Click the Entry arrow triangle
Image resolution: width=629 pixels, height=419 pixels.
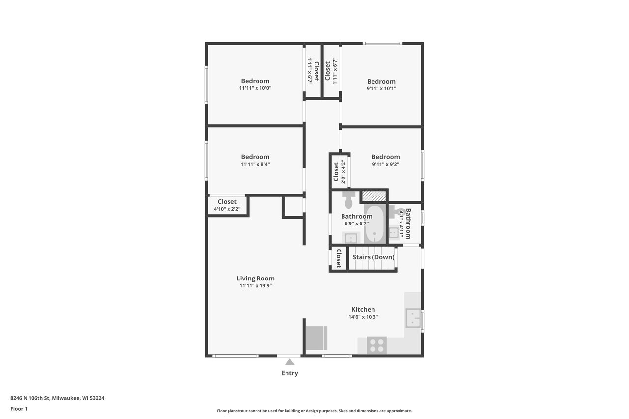click(x=290, y=363)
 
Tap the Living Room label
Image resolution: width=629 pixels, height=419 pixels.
click(x=256, y=279)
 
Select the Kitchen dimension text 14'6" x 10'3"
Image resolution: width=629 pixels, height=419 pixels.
click(x=363, y=317)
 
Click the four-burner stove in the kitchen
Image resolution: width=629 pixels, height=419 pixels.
click(x=377, y=345)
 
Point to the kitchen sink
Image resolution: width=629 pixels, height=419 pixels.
click(x=413, y=318)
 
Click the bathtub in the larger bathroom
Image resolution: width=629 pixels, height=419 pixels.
click(x=375, y=224)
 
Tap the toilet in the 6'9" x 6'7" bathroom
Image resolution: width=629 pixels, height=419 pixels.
click(x=349, y=200)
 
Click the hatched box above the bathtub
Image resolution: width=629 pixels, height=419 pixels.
click(x=373, y=196)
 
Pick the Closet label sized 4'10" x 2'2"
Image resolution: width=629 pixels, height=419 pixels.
click(x=227, y=202)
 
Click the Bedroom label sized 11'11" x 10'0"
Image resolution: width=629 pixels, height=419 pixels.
click(x=255, y=81)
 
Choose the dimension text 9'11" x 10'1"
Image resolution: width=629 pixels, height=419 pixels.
click(x=381, y=89)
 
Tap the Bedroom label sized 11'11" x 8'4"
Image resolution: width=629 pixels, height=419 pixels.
click(x=255, y=157)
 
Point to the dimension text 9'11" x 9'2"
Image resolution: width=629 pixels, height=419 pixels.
click(x=385, y=165)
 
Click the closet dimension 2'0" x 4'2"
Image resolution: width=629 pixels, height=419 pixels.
click(x=343, y=172)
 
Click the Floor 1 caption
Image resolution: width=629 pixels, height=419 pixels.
click(x=19, y=408)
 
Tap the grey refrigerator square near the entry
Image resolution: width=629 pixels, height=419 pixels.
click(x=315, y=338)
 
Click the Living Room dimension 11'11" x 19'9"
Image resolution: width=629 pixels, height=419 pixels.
click(x=256, y=286)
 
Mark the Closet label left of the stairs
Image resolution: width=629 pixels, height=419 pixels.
click(x=338, y=258)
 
